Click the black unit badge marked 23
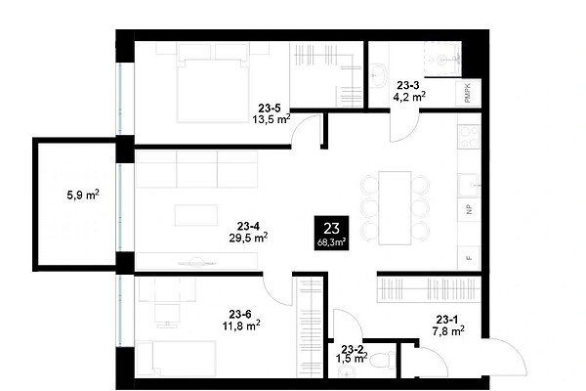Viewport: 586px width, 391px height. click(x=331, y=233)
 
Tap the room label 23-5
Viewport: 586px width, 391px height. click(x=270, y=109)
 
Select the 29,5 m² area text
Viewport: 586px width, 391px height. click(x=248, y=238)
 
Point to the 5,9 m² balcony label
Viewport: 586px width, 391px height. click(x=83, y=195)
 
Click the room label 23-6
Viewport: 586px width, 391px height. click(x=240, y=314)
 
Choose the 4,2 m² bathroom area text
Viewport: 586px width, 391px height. click(x=409, y=97)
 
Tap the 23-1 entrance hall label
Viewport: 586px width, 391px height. click(x=447, y=320)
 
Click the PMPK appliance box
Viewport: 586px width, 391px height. click(x=468, y=93)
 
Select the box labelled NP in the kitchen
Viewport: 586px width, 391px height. click(x=470, y=209)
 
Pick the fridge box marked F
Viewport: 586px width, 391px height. click(x=469, y=258)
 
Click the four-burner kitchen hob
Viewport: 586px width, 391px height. click(x=469, y=137)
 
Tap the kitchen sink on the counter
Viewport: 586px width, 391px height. click(x=469, y=185)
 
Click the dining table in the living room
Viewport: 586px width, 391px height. click(x=395, y=208)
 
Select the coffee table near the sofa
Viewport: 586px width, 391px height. click(x=196, y=215)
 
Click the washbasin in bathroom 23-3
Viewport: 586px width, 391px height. click(x=379, y=75)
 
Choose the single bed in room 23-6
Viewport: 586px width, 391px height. click(x=176, y=359)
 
